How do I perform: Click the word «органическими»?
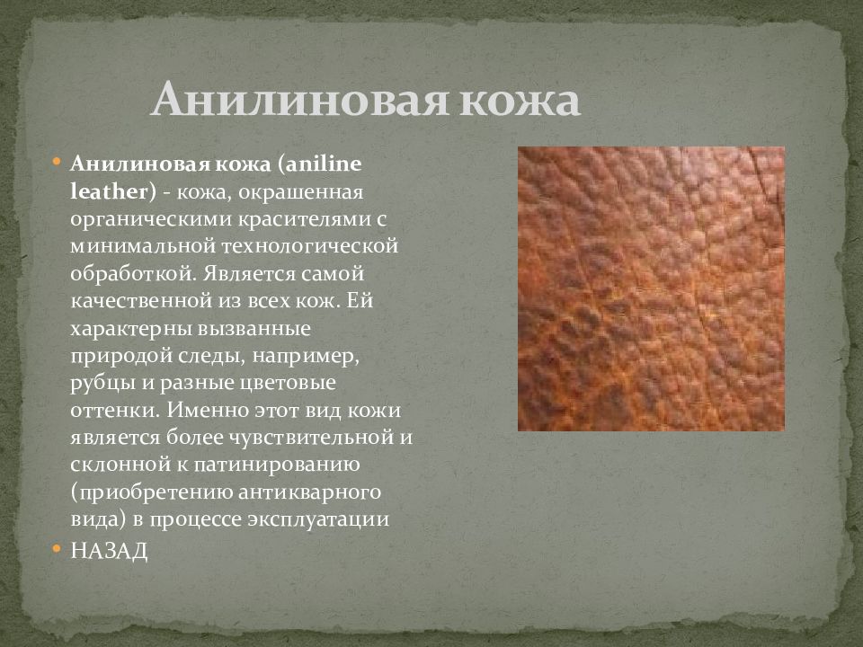coord(151,219)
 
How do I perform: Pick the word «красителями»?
coord(304,219)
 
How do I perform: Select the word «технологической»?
coord(310,246)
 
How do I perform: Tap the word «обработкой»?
coord(133,273)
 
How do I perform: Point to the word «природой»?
coord(121,356)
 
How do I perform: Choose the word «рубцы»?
coord(103,384)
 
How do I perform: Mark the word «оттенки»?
coord(114,411)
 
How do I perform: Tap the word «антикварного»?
coord(310,492)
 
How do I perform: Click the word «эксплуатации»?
coord(318,519)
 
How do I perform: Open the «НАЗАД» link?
coord(109,551)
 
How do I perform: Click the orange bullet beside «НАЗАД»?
coord(56,548)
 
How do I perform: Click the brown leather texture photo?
coord(651,288)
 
